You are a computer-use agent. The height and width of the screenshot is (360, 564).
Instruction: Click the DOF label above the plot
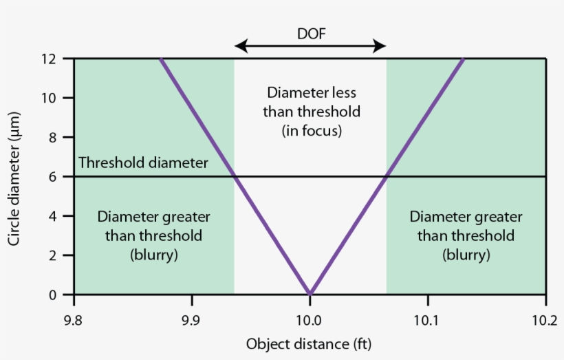(310, 33)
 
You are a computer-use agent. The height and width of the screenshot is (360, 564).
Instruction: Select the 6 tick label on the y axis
(60, 177)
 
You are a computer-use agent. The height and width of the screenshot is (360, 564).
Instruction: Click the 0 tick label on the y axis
(60, 295)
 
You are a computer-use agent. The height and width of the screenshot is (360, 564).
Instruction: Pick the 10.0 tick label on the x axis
(310, 320)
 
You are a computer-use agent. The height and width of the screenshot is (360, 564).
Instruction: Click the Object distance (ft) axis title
(310, 343)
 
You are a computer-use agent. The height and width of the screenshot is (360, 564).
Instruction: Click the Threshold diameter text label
(143, 163)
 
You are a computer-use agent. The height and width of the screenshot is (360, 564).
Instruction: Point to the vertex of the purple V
(310, 294)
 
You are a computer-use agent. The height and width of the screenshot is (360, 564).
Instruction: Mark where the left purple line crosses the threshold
(235, 177)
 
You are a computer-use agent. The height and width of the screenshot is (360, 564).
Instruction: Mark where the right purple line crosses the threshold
(386, 177)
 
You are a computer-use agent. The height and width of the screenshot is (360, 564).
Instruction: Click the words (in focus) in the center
(312, 129)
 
